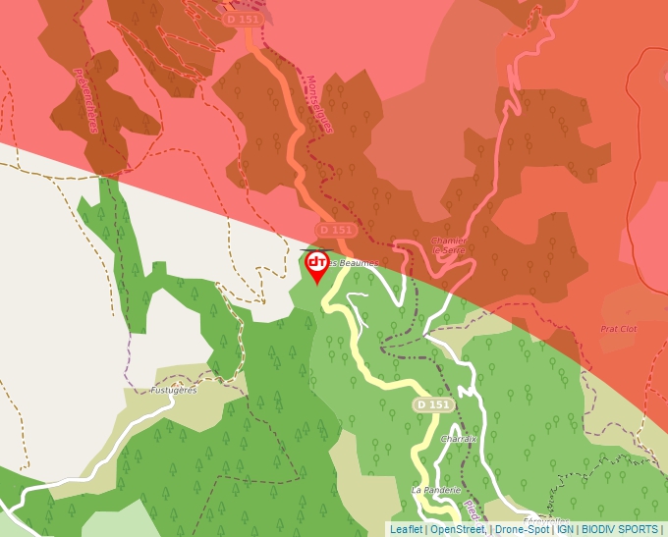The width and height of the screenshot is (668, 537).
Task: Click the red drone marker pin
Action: tap(317, 265)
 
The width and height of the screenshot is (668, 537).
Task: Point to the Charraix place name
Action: tap(459, 439)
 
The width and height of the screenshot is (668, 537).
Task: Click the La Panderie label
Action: tap(430, 489)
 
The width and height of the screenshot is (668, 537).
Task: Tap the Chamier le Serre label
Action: tap(449, 245)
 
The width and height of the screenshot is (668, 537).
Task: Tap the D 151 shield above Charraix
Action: tap(432, 404)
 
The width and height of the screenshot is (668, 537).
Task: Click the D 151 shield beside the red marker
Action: tap(334, 230)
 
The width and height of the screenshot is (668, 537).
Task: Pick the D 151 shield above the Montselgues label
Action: tap(243, 20)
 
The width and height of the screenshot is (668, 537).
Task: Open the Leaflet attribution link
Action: tap(406, 529)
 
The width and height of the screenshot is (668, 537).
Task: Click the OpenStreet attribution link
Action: tap(457, 529)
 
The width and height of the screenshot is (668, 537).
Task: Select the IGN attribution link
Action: tap(565, 529)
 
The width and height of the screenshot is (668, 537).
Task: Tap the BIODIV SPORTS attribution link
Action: tap(620, 529)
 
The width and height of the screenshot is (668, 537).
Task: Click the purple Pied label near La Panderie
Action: tap(471, 510)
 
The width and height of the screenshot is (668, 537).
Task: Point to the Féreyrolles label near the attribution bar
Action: tap(546, 520)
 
